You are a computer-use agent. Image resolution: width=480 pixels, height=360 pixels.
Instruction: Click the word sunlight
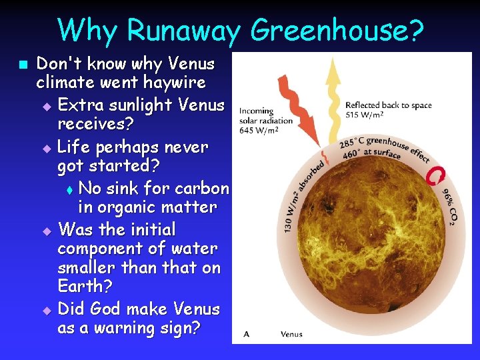click(143, 105)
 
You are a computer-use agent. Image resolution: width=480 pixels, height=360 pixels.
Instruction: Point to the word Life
click(75, 147)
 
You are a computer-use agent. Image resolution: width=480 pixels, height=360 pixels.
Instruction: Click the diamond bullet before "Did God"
click(46, 311)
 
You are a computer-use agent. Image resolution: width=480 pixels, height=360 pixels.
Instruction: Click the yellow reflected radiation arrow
click(333, 100)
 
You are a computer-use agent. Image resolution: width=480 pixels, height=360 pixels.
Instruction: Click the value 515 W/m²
click(364, 115)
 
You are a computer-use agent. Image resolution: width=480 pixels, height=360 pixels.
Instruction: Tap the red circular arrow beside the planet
click(437, 175)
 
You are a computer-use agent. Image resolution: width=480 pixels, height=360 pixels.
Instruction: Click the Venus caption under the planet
click(291, 334)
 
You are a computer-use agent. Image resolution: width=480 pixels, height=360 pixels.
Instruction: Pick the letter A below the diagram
click(246, 334)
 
